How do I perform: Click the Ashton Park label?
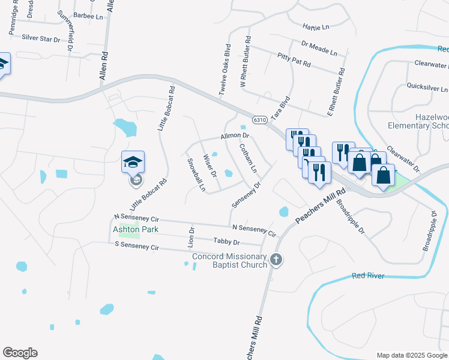point(128,229)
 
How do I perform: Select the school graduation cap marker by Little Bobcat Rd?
point(133,163)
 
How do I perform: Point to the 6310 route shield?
point(259,119)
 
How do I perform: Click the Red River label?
point(369,276)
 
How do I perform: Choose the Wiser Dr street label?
point(209,166)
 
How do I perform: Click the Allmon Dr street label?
point(234,137)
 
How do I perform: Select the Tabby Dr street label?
point(226,242)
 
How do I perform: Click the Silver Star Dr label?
point(41,38)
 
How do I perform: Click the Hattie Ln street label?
point(316,27)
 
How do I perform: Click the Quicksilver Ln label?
point(427,88)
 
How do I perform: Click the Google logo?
point(20,353)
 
